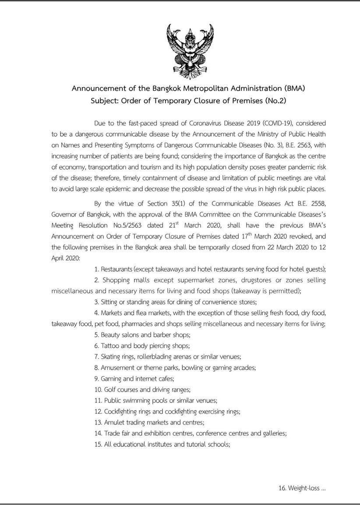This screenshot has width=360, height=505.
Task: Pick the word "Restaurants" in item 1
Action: (117, 269)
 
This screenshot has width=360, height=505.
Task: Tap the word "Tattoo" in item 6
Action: (110, 346)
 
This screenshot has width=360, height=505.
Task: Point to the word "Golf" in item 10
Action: (110, 390)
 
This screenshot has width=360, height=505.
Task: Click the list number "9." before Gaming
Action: (97, 379)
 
